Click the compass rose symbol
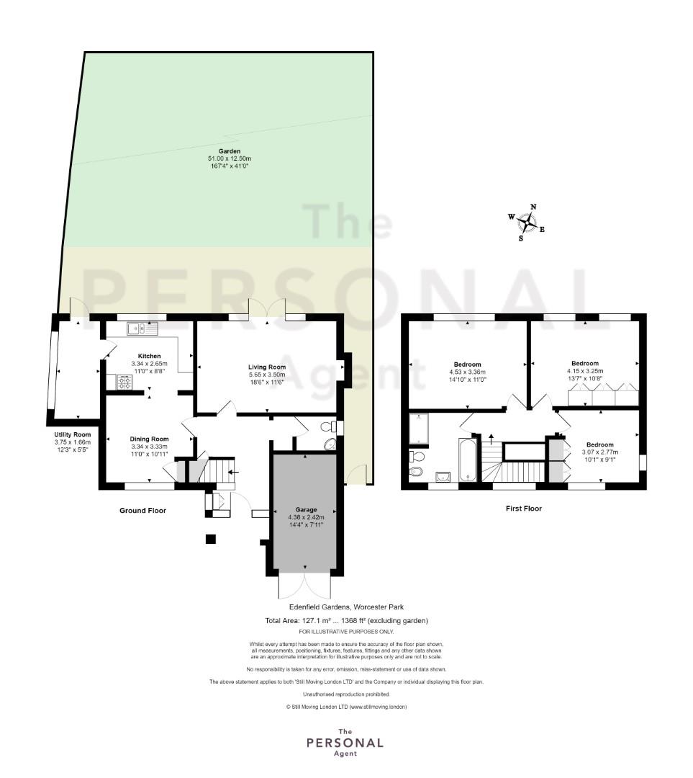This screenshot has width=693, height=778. (x=527, y=223)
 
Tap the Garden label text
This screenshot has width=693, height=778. (x=230, y=151)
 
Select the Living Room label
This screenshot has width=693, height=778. (x=267, y=367)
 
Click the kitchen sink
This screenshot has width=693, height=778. (x=141, y=328)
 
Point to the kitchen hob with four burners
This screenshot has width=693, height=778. (x=124, y=382)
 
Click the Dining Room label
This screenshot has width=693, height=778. (x=149, y=439)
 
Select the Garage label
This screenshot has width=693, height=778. (x=306, y=509)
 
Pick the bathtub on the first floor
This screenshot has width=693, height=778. (x=468, y=460)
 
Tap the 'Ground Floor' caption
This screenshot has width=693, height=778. (x=142, y=511)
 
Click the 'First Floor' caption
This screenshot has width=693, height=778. (x=523, y=508)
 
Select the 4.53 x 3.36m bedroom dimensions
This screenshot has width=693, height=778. (x=468, y=372)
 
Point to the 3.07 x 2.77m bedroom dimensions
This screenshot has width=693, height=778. (x=599, y=452)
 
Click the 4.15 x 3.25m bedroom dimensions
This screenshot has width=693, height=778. (x=585, y=371)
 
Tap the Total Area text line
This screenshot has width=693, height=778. (x=347, y=620)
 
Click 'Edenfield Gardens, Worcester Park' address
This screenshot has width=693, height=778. (x=347, y=607)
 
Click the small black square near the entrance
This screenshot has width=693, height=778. (x=211, y=539)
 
